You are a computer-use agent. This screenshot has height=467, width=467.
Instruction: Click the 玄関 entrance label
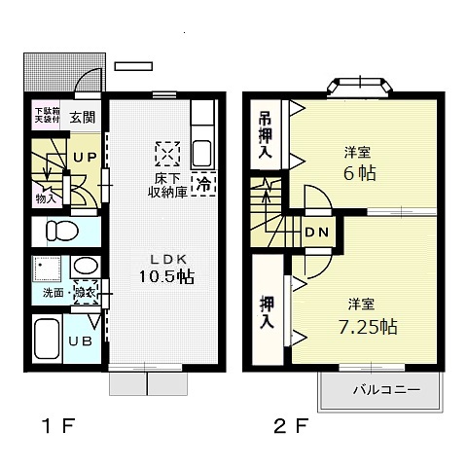83,118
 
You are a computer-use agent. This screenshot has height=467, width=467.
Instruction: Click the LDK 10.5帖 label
164,268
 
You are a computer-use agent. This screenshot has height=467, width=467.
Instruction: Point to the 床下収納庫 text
168,184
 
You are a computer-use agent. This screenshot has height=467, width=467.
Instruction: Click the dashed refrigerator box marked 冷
204,182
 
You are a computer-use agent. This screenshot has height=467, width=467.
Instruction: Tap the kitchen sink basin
203,153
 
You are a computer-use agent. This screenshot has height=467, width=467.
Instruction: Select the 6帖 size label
360,173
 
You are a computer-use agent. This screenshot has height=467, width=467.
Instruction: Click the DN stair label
317,233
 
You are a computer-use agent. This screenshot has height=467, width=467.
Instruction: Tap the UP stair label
83,157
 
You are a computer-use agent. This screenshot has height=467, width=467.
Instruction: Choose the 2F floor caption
288,425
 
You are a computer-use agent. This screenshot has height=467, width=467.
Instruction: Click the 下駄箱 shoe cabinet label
46,113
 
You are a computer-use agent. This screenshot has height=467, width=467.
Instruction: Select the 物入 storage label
46,198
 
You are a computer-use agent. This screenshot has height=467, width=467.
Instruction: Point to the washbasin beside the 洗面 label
83,267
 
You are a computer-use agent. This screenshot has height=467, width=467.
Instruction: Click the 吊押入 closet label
264,133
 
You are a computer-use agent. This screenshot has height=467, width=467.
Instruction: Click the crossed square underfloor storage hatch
167,154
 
